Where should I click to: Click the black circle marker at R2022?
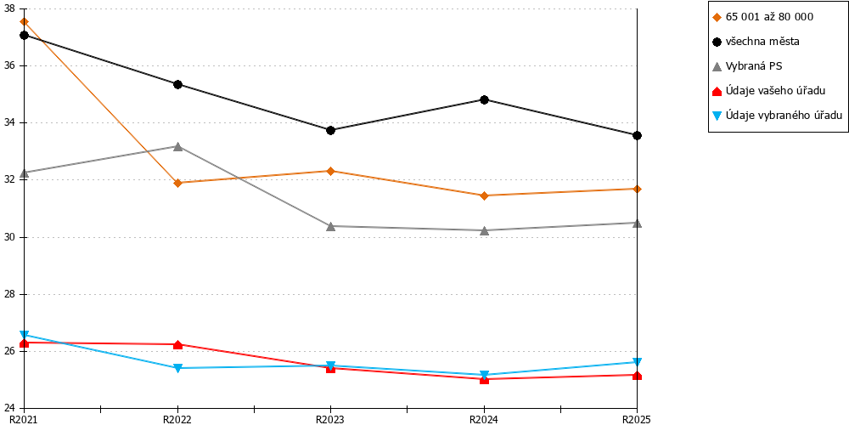coord(177,84)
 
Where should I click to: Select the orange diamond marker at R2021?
coord(24,22)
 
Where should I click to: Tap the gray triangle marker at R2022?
coord(177,146)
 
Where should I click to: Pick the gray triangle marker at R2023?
coord(331,225)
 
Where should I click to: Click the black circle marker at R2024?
coord(484,99)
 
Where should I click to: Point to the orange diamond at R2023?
coord(331,172)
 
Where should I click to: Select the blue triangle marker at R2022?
coord(177,368)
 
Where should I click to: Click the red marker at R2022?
coord(177,344)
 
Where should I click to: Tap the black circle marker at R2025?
coord(638,135)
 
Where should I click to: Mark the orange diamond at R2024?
coord(484,195)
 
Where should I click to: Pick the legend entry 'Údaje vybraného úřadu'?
coord(777,116)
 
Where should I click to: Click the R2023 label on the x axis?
coord(330,419)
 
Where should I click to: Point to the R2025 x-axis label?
coord(636,419)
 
